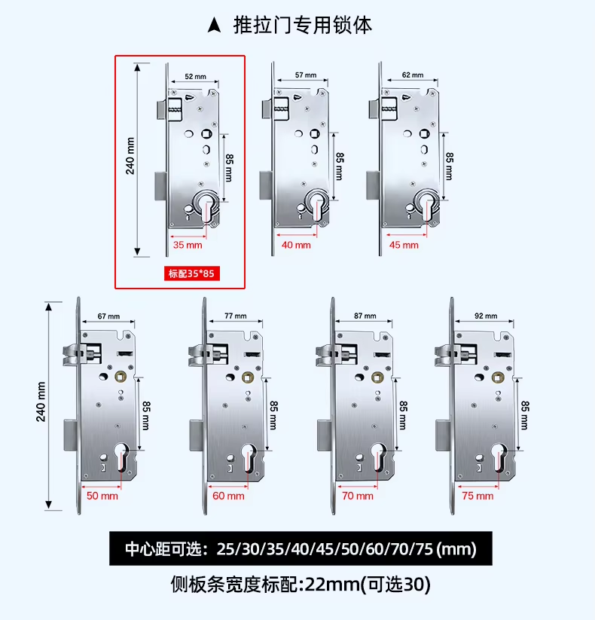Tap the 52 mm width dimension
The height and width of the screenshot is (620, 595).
pyautogui.click(x=194, y=76)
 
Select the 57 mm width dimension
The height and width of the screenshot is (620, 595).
pyautogui.click(x=305, y=75)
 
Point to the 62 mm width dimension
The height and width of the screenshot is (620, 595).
pyautogui.click(x=413, y=75)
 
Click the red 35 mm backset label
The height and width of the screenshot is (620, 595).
pyautogui.click(x=188, y=245)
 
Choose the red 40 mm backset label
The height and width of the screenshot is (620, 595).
pyautogui.click(x=296, y=245)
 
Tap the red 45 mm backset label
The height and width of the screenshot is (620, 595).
pyautogui.click(x=404, y=245)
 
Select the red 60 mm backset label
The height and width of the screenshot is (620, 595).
pyautogui.click(x=229, y=496)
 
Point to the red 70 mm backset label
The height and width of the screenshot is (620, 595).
pyautogui.click(x=358, y=496)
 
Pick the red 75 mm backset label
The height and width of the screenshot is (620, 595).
pyautogui.click(x=478, y=496)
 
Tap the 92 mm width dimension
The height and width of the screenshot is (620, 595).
pyautogui.click(x=485, y=316)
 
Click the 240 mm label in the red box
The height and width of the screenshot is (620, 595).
pyautogui.click(x=130, y=155)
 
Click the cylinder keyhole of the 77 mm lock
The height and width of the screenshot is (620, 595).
pyautogui.click(x=249, y=460)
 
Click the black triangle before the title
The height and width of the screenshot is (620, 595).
pyautogui.click(x=214, y=26)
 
